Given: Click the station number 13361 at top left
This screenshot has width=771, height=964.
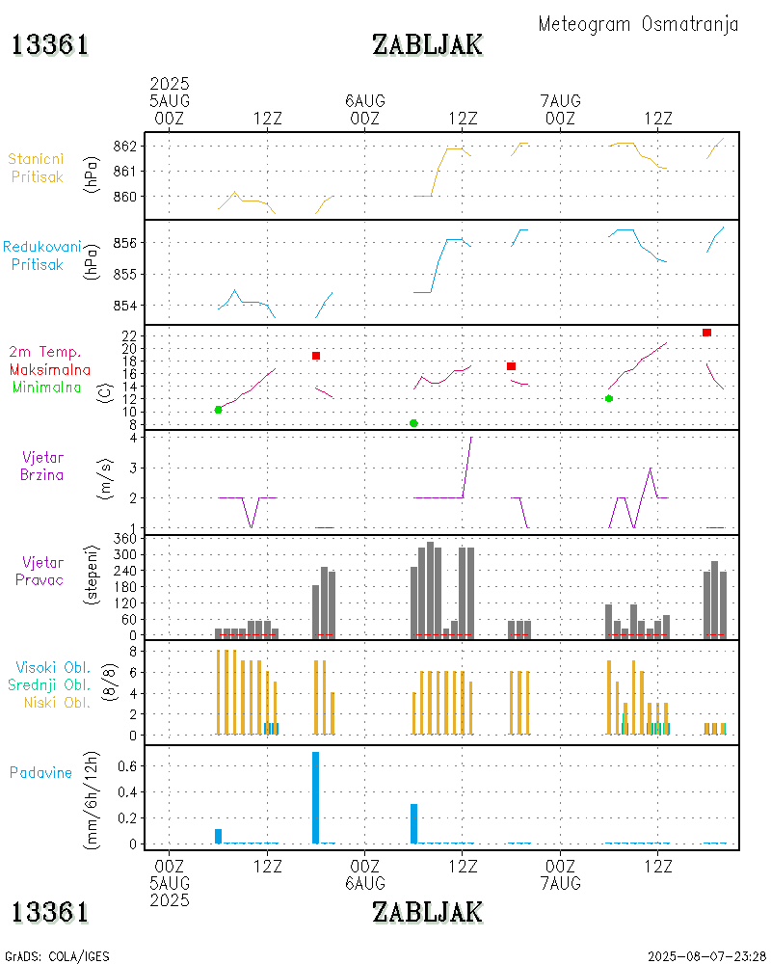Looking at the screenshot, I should coord(50,44).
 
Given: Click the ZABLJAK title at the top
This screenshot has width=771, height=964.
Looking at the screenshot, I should coord(427,44).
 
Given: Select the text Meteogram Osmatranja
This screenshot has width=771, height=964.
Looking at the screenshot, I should coord(638,24).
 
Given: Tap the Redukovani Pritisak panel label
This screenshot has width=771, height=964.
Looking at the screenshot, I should coord(41,255).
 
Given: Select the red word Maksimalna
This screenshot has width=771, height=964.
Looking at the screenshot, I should coord(50,369).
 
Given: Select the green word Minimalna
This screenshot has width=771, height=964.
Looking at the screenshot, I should coord(47,387).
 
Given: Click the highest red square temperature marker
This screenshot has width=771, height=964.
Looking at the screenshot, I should coord(706,333).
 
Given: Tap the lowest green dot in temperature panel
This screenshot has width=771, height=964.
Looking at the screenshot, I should coord(413,423).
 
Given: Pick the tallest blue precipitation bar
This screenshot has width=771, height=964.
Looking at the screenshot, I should coord(315,797).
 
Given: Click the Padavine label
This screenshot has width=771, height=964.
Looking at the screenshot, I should coord(40,772).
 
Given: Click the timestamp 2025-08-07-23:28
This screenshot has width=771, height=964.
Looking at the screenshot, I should coord(705,956).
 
